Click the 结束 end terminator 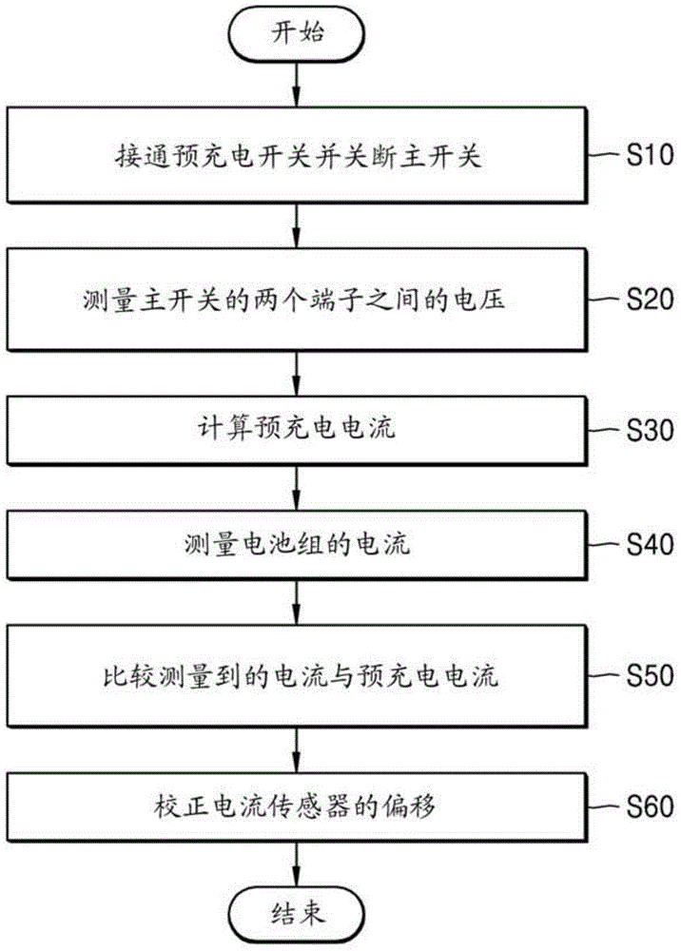point(298,915)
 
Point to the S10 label point(650,155)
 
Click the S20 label point(650,301)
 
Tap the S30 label point(650,429)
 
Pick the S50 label point(650,676)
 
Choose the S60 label point(650,807)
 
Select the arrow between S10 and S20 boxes point(298,227)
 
